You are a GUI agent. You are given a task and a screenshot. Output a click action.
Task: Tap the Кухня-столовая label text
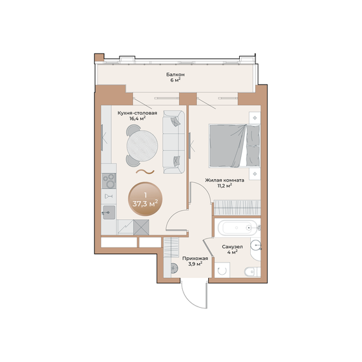pyautogui.click(x=137, y=112)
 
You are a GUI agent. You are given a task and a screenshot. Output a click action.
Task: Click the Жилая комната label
pyautogui.click(x=224, y=180)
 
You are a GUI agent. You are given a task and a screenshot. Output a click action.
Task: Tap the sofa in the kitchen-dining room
pyautogui.click(x=173, y=141)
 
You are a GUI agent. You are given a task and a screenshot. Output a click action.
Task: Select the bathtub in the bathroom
pyautogui.click(x=237, y=228)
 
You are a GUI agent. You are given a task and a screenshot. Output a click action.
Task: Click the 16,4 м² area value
pyautogui.click(x=136, y=119)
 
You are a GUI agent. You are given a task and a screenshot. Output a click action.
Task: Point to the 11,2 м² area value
pyautogui.click(x=224, y=187)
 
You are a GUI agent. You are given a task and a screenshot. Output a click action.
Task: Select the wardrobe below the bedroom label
pyautogui.click(x=237, y=208)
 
